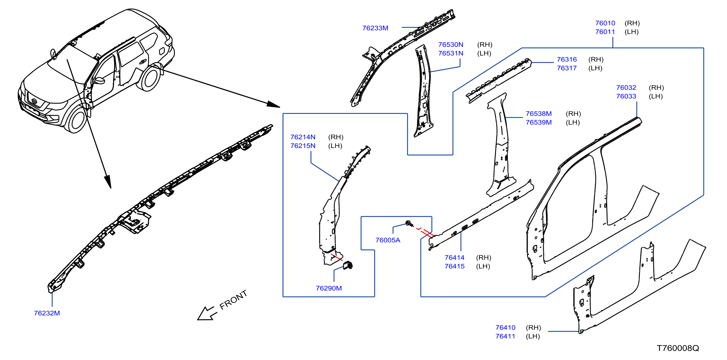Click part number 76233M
click(375, 28)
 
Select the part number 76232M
click(47, 313)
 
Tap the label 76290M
click(329, 288)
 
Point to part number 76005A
click(388, 240)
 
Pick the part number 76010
click(605, 23)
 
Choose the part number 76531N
click(451, 53)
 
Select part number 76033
click(626, 97)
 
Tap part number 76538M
click(538, 114)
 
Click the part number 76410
click(505, 327)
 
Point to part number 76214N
click(303, 137)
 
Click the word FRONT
click(233, 300)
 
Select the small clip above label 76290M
click(348, 265)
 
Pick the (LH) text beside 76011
click(632, 32)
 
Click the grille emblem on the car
click(34, 101)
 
